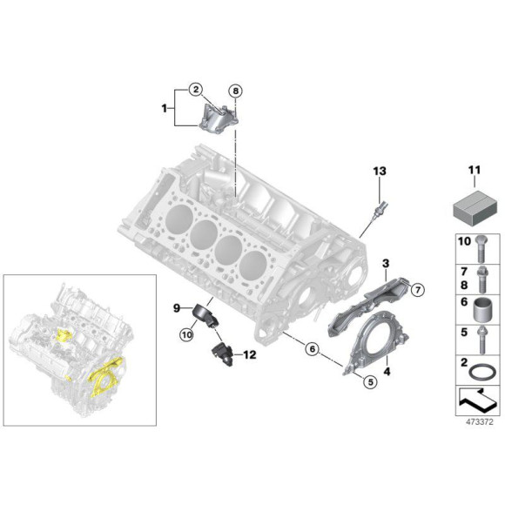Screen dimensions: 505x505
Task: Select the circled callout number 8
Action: (x=235, y=90)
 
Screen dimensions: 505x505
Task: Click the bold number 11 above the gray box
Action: (x=474, y=171)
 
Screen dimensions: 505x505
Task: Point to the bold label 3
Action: (x=385, y=262)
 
